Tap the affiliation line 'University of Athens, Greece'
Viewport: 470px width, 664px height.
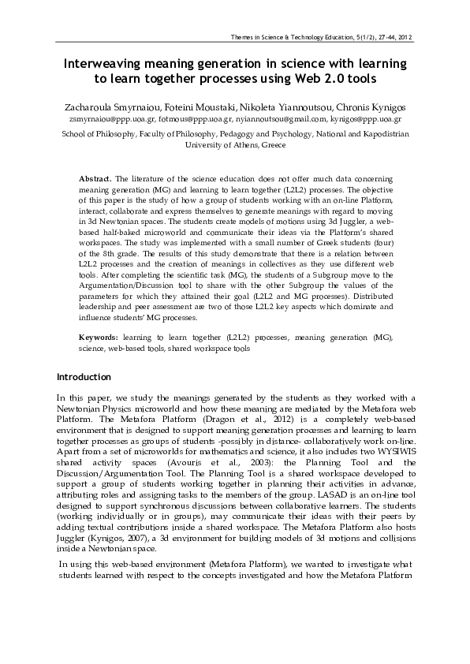point(235,146)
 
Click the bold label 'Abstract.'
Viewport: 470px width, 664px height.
point(96,180)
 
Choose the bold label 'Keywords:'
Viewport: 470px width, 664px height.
point(99,337)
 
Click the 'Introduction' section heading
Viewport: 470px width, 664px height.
point(85,377)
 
